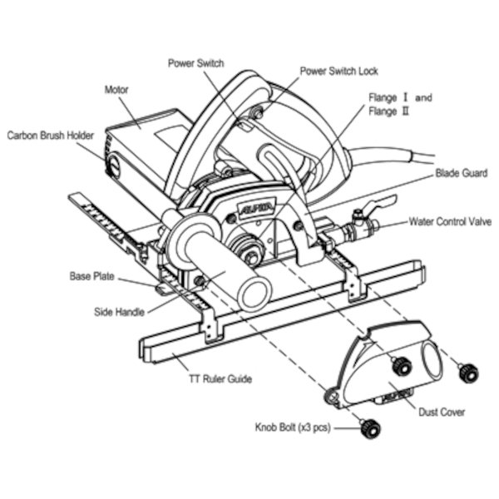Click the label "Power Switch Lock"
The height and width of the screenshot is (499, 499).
tap(339, 71)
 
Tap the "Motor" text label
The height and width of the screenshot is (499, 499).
tap(116, 90)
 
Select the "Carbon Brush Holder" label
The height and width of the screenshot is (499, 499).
tap(50, 136)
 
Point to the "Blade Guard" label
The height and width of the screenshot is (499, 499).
tap(462, 173)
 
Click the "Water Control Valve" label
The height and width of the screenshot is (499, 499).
tap(450, 221)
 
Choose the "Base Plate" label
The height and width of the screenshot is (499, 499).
tap(92, 276)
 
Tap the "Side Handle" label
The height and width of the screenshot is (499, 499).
tap(119, 312)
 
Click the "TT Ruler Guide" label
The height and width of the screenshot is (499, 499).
tap(220, 379)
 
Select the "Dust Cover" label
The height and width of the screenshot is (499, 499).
tap(442, 413)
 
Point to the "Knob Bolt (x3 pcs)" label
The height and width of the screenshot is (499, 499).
tap(293, 427)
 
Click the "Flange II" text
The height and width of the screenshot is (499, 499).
tap(388, 111)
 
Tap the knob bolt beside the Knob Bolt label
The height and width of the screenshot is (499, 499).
tap(370, 429)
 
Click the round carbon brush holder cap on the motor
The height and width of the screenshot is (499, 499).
tap(113, 166)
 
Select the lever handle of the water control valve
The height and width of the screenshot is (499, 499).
tap(381, 205)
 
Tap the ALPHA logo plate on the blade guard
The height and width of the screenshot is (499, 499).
tap(256, 208)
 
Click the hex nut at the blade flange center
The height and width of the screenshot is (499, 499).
tap(252, 256)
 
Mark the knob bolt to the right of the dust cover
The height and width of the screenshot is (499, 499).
tap(468, 372)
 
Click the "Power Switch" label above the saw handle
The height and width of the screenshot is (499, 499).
tap(196, 63)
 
